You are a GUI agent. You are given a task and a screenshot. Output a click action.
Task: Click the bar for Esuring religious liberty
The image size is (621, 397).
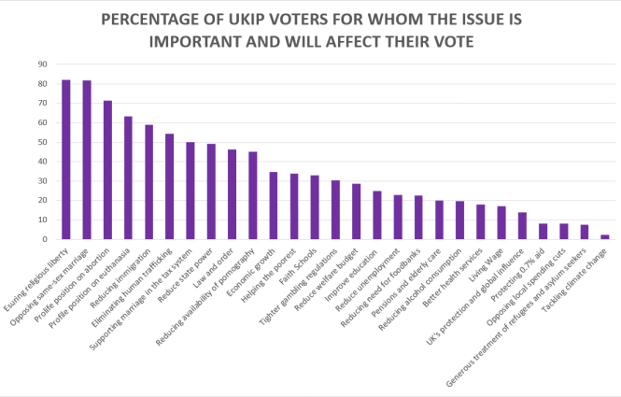(66, 160)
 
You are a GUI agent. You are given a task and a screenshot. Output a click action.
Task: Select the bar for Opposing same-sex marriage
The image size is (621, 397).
(87, 160)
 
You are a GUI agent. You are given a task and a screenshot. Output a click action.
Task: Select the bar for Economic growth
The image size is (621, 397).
(273, 206)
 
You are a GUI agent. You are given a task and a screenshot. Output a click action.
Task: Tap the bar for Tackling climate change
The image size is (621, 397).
(604, 236)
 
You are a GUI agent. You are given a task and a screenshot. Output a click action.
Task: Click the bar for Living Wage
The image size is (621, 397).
(501, 222)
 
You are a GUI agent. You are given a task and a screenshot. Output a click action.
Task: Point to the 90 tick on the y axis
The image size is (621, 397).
(42, 64)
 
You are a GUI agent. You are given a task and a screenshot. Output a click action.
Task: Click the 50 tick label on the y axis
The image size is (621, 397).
(42, 142)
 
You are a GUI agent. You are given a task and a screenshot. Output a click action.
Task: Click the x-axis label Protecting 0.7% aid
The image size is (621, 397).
(523, 272)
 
